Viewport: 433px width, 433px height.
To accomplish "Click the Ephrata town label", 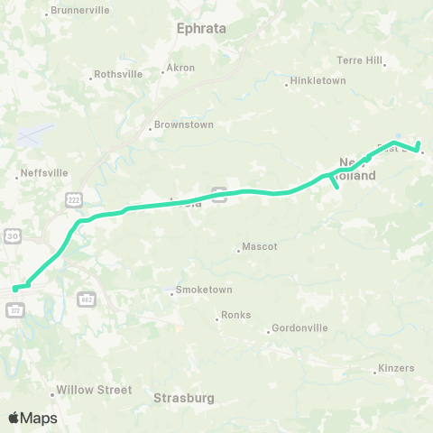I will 201,28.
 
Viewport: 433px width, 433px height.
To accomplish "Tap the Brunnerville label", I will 80,10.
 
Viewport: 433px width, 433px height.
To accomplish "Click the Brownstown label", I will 184,124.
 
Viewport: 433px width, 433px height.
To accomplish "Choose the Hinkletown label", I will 317,80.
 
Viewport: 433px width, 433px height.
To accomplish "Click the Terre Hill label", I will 360,60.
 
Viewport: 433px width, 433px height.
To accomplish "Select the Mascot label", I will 260,246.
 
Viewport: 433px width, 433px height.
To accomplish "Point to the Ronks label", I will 235,315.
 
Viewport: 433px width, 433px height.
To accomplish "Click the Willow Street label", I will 94,391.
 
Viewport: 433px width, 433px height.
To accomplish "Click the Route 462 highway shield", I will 87,297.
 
